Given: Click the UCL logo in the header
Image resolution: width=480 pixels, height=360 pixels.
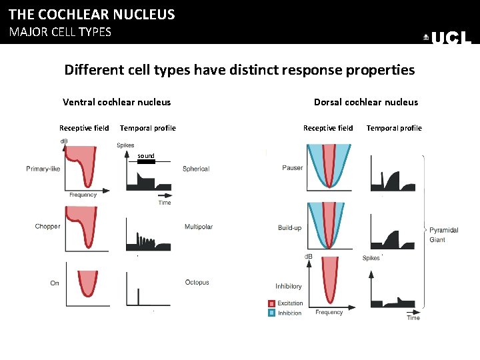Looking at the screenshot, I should click(x=449, y=39).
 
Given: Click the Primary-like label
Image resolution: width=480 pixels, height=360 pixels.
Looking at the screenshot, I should click(x=43, y=169).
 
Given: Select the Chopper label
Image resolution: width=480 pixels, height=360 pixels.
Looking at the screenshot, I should click(x=47, y=227).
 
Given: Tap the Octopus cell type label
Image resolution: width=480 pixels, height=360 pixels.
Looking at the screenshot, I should click(x=197, y=283).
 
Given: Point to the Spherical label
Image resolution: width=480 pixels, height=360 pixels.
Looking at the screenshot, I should click(x=196, y=169).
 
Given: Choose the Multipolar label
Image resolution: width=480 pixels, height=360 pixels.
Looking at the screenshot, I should click(x=199, y=227).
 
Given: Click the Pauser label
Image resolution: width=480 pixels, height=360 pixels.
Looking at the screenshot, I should click(x=292, y=168).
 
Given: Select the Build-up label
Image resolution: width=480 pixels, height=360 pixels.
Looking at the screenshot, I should click(x=289, y=228).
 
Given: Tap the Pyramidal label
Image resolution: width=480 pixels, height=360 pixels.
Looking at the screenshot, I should click(x=443, y=230).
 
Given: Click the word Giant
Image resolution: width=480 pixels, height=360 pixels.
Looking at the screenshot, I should click(x=437, y=240).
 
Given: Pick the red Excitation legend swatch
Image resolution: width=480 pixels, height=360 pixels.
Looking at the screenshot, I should click(x=271, y=303).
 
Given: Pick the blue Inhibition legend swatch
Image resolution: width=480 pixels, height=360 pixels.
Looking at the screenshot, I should click(x=271, y=313).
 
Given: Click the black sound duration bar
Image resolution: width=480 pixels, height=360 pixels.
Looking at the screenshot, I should click(x=146, y=161).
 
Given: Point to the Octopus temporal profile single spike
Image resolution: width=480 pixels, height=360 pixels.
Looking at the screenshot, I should click(x=139, y=295).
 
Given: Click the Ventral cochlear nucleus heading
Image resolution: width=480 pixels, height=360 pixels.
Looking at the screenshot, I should click(x=117, y=102).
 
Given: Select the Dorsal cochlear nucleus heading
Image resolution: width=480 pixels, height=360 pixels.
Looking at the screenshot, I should click(x=366, y=102).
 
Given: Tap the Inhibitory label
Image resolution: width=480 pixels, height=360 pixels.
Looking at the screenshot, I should click(x=289, y=287).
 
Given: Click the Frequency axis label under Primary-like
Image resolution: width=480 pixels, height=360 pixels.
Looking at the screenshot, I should click(x=83, y=195).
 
